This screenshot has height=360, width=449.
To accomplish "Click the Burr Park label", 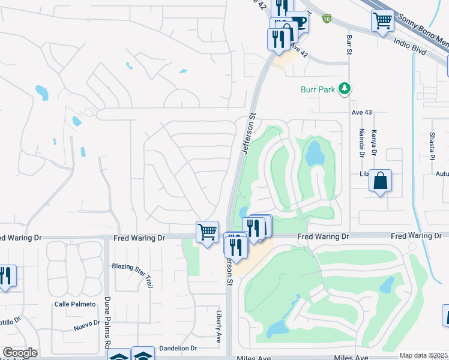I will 318,90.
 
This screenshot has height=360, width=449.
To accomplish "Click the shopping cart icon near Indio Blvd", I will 382,22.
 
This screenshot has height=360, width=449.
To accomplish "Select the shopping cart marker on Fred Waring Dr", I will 207,231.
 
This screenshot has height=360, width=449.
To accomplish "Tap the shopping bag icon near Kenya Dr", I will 380,181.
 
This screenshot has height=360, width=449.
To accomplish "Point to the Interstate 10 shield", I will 327,19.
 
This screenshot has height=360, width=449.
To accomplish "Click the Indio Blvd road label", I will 410,47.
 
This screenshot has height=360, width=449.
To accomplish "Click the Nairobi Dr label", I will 362,143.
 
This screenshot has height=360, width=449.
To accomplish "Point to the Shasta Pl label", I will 432,146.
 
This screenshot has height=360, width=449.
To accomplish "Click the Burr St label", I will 349,45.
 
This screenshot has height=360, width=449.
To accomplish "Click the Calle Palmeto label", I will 75,304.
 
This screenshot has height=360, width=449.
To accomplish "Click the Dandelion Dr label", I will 178,348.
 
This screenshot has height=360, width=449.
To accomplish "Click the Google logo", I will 20,353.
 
